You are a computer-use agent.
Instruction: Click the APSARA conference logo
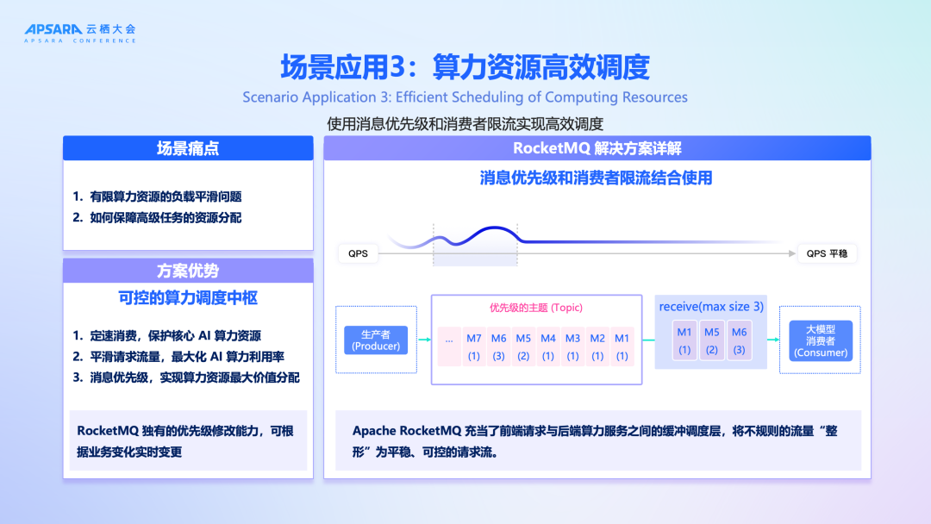click(x=80, y=33)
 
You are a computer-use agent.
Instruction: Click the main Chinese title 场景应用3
click(x=465, y=66)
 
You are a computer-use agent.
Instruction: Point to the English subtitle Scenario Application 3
click(x=465, y=97)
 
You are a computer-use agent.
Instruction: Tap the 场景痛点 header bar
click(x=188, y=148)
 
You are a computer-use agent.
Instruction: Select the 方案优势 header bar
click(x=188, y=271)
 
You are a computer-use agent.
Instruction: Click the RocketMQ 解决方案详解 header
click(x=597, y=148)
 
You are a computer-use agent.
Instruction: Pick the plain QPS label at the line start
click(x=358, y=253)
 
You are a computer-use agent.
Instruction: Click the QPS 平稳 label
click(x=827, y=253)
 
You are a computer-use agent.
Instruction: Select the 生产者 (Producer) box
click(x=376, y=340)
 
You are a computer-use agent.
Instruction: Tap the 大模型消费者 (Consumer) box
click(x=821, y=340)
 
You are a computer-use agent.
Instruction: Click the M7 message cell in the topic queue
click(x=474, y=346)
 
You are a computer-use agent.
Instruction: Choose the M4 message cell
click(x=547, y=346)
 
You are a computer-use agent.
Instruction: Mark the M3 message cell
click(x=572, y=346)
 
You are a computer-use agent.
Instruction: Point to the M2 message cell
click(x=597, y=346)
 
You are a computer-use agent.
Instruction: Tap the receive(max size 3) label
click(x=710, y=307)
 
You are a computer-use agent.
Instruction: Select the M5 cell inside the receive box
click(x=711, y=340)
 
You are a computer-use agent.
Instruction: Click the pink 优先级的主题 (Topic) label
click(x=536, y=308)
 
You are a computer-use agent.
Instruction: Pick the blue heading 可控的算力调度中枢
click(x=188, y=298)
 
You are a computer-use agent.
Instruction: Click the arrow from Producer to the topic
click(x=423, y=340)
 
